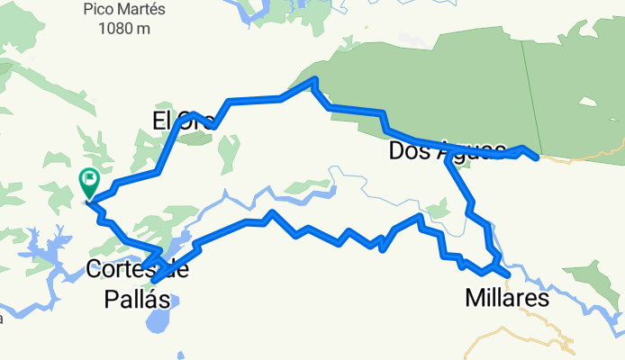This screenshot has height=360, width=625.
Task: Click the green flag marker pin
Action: click(90, 181)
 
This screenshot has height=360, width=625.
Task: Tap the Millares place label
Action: click(507, 297)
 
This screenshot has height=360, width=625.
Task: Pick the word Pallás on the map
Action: click(131, 299)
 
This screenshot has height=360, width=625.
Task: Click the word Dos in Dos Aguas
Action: click(404, 150)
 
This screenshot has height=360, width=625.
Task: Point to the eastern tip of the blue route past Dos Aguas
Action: click(538, 158)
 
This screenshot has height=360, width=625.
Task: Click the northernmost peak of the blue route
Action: click(314, 79)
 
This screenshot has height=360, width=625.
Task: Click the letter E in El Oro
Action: click(159, 121)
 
